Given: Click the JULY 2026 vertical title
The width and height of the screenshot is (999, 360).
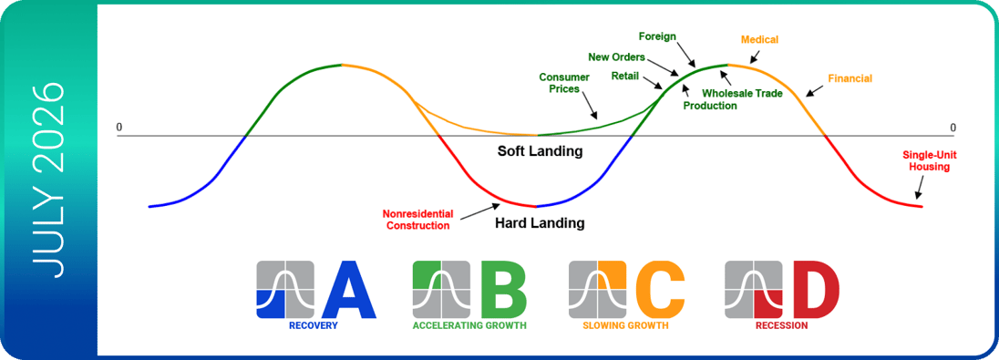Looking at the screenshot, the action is click(x=50, y=180).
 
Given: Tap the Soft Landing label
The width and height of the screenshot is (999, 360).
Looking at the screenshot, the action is click(x=541, y=151).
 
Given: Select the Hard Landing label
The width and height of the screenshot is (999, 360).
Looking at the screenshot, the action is click(x=539, y=223).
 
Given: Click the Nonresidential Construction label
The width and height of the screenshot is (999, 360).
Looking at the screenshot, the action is click(x=417, y=219).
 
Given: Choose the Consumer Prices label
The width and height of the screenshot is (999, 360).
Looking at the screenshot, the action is click(x=564, y=83).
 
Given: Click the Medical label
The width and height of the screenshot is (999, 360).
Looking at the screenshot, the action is click(x=758, y=40).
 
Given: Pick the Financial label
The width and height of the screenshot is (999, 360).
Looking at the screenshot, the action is click(x=850, y=78).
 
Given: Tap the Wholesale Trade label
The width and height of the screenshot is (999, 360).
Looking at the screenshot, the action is click(x=742, y=93).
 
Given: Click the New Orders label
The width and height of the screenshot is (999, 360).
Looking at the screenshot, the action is click(x=617, y=57).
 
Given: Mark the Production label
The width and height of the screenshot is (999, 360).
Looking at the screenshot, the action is click(x=710, y=106).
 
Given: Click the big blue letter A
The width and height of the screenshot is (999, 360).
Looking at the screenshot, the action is click(x=349, y=289).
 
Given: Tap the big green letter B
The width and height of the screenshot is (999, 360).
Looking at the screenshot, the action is click(x=503, y=289).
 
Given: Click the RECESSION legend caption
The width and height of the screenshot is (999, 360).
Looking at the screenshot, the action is click(x=781, y=325).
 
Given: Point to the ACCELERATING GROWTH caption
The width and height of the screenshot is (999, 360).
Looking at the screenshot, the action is click(x=469, y=325).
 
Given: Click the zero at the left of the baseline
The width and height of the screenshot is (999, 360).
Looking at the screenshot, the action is click(x=119, y=128).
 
